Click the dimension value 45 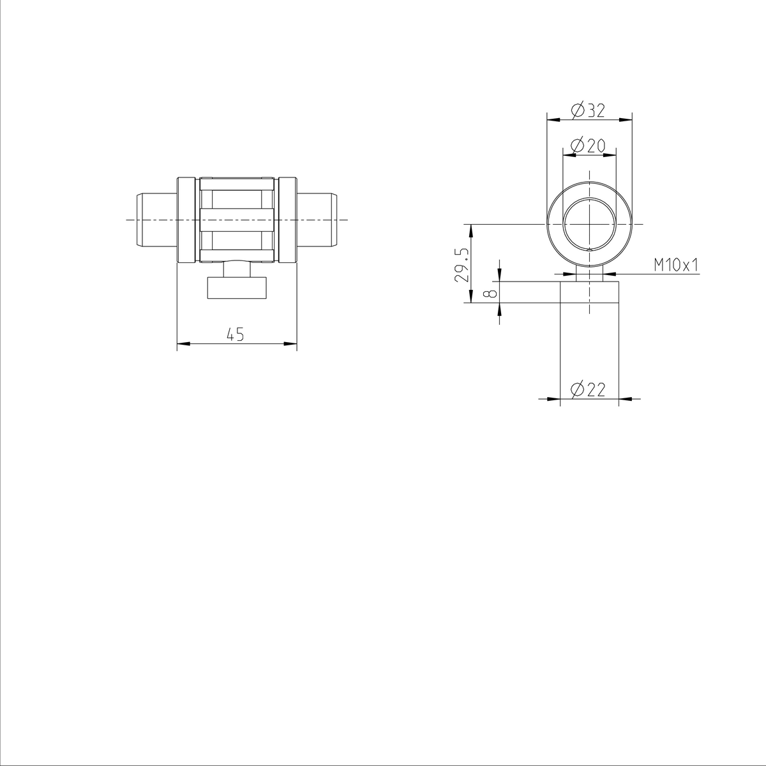[x=236, y=334]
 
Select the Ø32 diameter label [x=589, y=110]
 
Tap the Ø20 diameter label [x=589, y=146]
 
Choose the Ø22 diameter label [x=589, y=389]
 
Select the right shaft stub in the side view [x=317, y=220]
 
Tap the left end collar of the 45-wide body [x=186, y=220]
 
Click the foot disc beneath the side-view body [x=236, y=288]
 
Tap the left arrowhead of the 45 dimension [x=183, y=345]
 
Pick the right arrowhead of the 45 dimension [x=291, y=345]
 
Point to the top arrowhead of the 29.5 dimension [x=471, y=229]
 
